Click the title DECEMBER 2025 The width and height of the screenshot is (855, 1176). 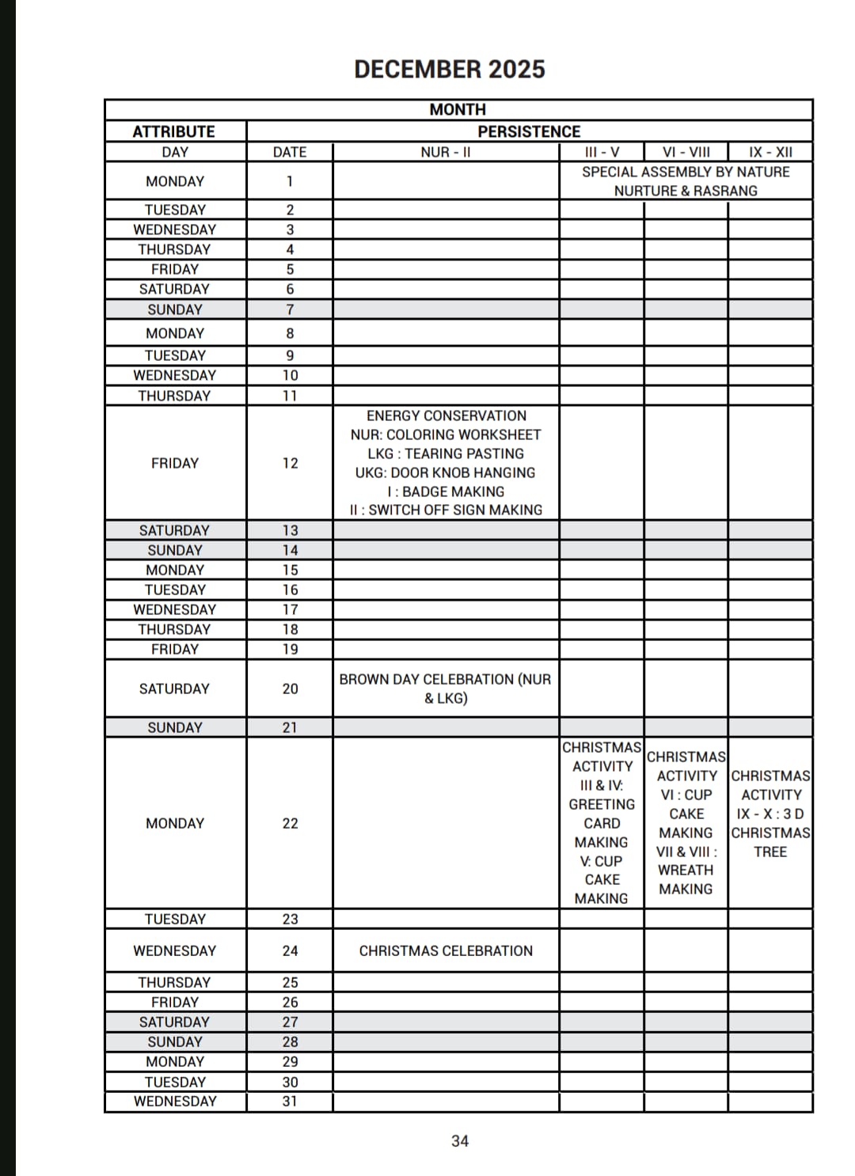click(449, 70)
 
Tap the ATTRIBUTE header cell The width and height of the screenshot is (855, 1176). click(174, 131)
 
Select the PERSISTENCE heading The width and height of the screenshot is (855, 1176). click(529, 131)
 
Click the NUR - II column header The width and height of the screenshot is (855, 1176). click(446, 152)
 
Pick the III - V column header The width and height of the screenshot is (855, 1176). click(602, 152)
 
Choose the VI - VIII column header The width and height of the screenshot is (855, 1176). click(686, 152)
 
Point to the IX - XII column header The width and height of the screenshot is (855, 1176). click(770, 152)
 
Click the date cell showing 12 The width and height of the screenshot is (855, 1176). click(290, 463)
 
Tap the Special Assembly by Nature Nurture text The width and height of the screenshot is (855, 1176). click(686, 181)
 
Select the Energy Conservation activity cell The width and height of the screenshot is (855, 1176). click(446, 463)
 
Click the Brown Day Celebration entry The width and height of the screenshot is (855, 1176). click(446, 689)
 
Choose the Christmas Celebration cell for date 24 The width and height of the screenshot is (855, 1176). click(446, 950)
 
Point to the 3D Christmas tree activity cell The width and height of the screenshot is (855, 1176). click(770, 814)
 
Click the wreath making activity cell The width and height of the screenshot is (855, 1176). click(686, 823)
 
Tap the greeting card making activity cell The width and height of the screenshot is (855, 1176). click(602, 823)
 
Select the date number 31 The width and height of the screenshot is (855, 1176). click(290, 1101)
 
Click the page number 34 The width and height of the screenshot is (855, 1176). click(460, 1141)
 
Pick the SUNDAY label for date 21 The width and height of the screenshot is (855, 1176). click(175, 727)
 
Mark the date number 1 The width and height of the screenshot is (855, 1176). click(290, 181)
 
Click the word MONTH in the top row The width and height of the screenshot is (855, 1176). click(458, 109)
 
